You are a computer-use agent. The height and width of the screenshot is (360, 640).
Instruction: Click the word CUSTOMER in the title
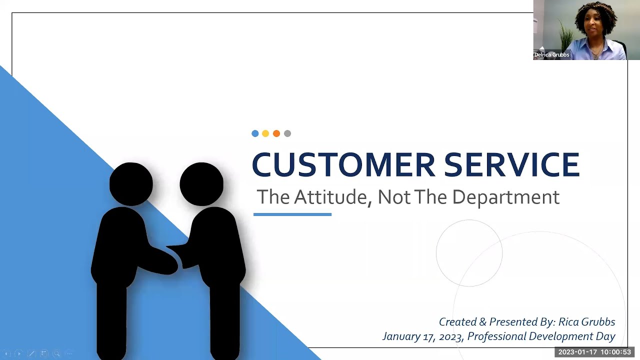343,164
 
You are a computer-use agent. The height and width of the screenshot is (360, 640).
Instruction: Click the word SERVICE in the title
511,164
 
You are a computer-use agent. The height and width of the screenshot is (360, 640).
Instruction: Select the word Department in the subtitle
505,197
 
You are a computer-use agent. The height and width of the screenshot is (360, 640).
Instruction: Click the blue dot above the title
255,133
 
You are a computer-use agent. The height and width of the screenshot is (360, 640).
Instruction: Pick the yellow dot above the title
265,133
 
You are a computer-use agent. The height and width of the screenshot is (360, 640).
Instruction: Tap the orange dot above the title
276,133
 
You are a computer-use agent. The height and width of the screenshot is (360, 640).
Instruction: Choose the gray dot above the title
287,133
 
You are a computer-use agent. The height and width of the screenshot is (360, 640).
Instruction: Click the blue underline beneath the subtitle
292,214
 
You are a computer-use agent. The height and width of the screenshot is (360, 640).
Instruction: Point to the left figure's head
131,183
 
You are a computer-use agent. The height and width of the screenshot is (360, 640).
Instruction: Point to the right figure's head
201,183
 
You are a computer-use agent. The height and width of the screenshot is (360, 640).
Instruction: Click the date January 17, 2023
423,336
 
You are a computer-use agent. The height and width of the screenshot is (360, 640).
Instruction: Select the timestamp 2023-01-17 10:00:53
594,352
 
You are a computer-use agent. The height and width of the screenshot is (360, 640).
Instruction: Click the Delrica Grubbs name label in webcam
551,55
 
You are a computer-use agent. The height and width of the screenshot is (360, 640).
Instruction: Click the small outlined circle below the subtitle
469,253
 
